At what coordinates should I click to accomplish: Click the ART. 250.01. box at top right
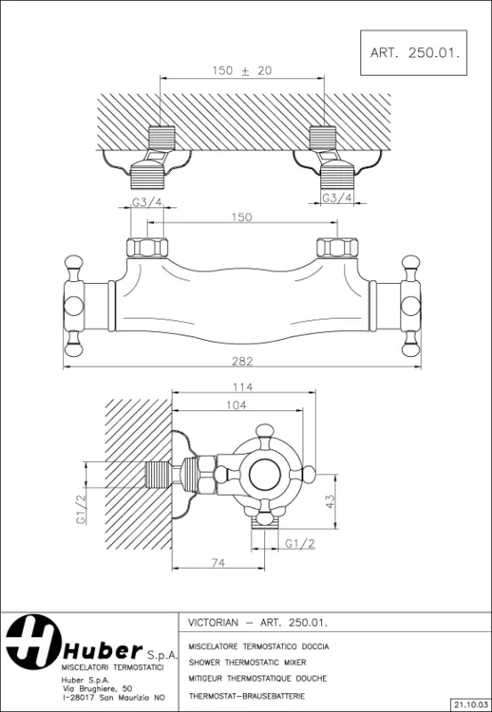point(414,53)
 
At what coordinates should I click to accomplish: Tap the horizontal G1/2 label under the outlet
point(300,542)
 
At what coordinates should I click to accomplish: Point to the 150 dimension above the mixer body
point(242,216)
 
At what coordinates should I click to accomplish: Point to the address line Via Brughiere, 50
point(97,687)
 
